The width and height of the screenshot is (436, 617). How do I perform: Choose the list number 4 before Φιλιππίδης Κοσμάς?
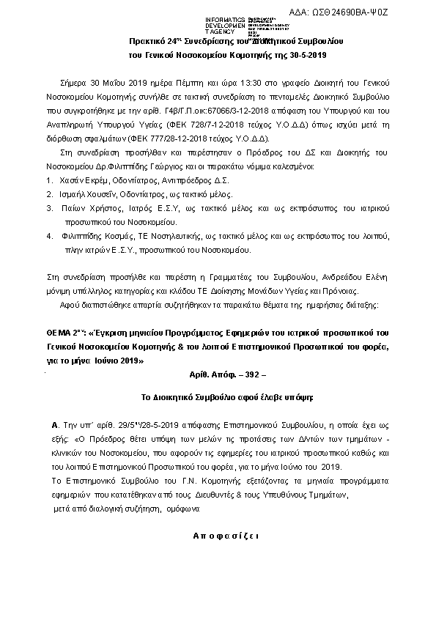pyautogui.click(x=49, y=237)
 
